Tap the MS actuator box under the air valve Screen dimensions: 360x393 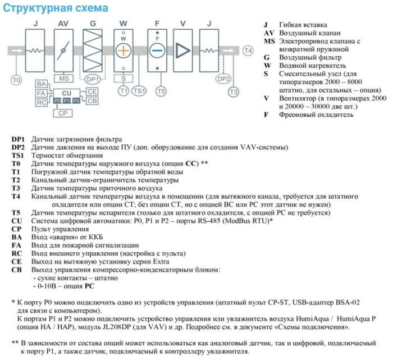coord(63,78)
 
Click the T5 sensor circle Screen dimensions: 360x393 coord(161,90)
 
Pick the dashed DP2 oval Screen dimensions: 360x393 coord(224,79)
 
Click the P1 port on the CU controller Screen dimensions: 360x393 coord(67,100)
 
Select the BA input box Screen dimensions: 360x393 coord(42,83)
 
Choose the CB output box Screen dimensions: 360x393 coord(93,100)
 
